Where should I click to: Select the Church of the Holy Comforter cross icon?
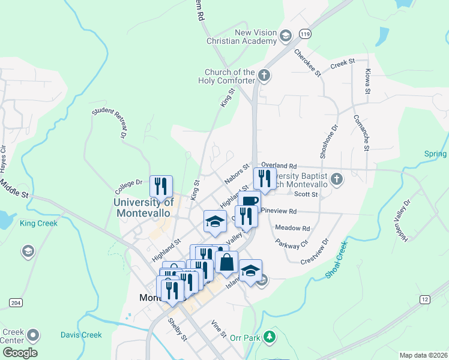[x=264, y=76]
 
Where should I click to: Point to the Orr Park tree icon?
[x=271, y=337]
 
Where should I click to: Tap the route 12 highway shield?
[x=424, y=299]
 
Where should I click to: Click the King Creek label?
[x=38, y=223]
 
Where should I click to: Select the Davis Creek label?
[x=80, y=335]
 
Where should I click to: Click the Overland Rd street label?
[x=279, y=166]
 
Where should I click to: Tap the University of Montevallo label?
[x=143, y=208]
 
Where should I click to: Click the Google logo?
[x=20, y=352]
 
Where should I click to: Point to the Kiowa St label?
[x=367, y=81]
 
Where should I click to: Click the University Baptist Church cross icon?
[x=337, y=179]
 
